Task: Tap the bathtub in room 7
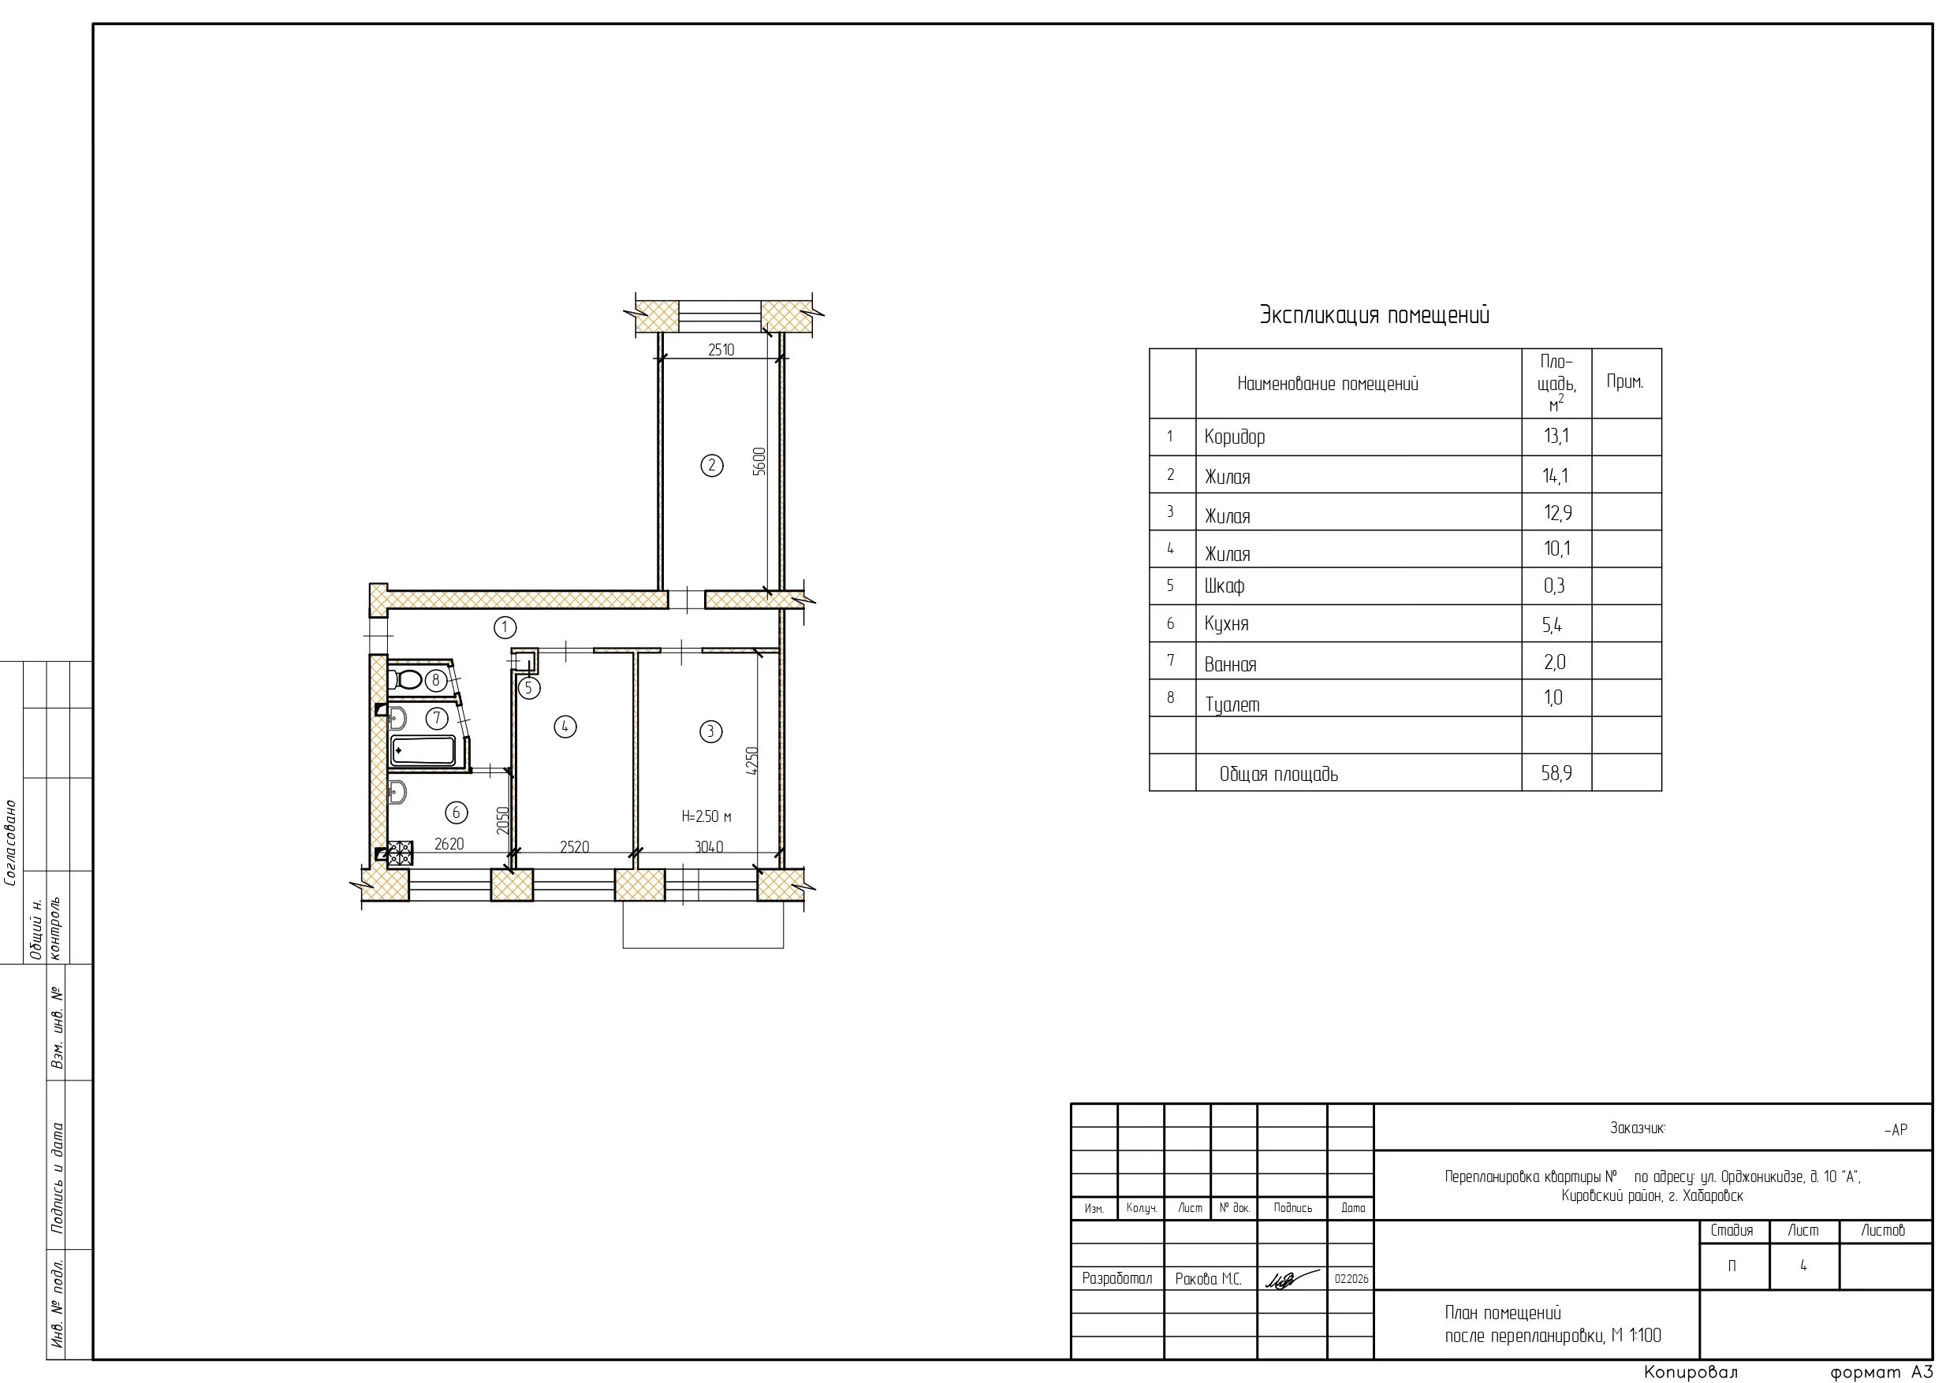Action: pos(423,751)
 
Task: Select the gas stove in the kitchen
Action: pos(400,853)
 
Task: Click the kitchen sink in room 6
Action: pos(397,793)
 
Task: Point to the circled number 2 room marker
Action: pos(712,465)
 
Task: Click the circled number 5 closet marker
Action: pos(528,688)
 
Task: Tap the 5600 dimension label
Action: pos(759,461)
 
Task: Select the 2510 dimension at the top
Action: pos(721,349)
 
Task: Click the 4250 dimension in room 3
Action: pos(751,761)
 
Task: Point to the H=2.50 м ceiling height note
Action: pos(706,816)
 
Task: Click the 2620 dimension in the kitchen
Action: pos(449,844)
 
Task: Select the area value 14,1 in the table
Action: pos(1556,475)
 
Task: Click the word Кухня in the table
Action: pos(1227,624)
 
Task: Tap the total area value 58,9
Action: pos(1556,773)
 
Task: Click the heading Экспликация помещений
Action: pos(1375,315)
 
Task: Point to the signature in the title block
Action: pos(1292,1278)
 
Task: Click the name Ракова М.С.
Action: pos(1208,1279)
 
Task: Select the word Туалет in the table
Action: pos(1232,705)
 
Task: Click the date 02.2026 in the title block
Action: pos(1351,1279)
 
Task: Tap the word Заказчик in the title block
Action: pos(1638,1128)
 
